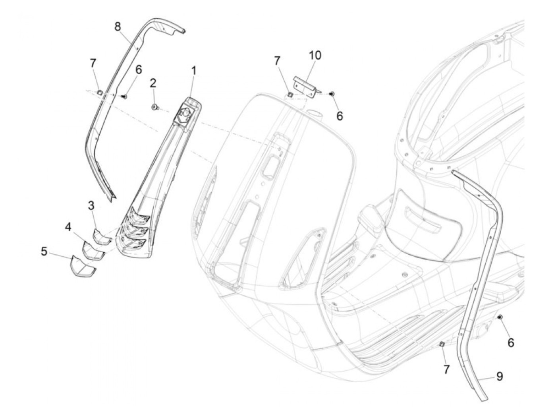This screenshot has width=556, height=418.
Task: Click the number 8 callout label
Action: pos(118,27)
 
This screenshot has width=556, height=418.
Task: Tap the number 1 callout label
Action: pos(194,71)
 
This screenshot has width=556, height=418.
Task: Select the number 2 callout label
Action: pos(153,83)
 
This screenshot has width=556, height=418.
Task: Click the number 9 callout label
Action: pos(500,376)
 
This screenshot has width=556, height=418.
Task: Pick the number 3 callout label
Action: pos(91,206)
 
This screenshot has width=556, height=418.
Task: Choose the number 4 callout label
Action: pos(68,227)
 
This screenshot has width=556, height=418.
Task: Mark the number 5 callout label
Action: pos(44,251)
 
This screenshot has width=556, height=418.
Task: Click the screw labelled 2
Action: pos(154,106)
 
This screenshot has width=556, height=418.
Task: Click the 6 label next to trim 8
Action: pos(138,70)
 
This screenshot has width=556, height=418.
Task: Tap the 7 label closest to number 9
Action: pos(446,370)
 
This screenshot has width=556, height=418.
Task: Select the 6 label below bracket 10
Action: pos(339,116)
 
